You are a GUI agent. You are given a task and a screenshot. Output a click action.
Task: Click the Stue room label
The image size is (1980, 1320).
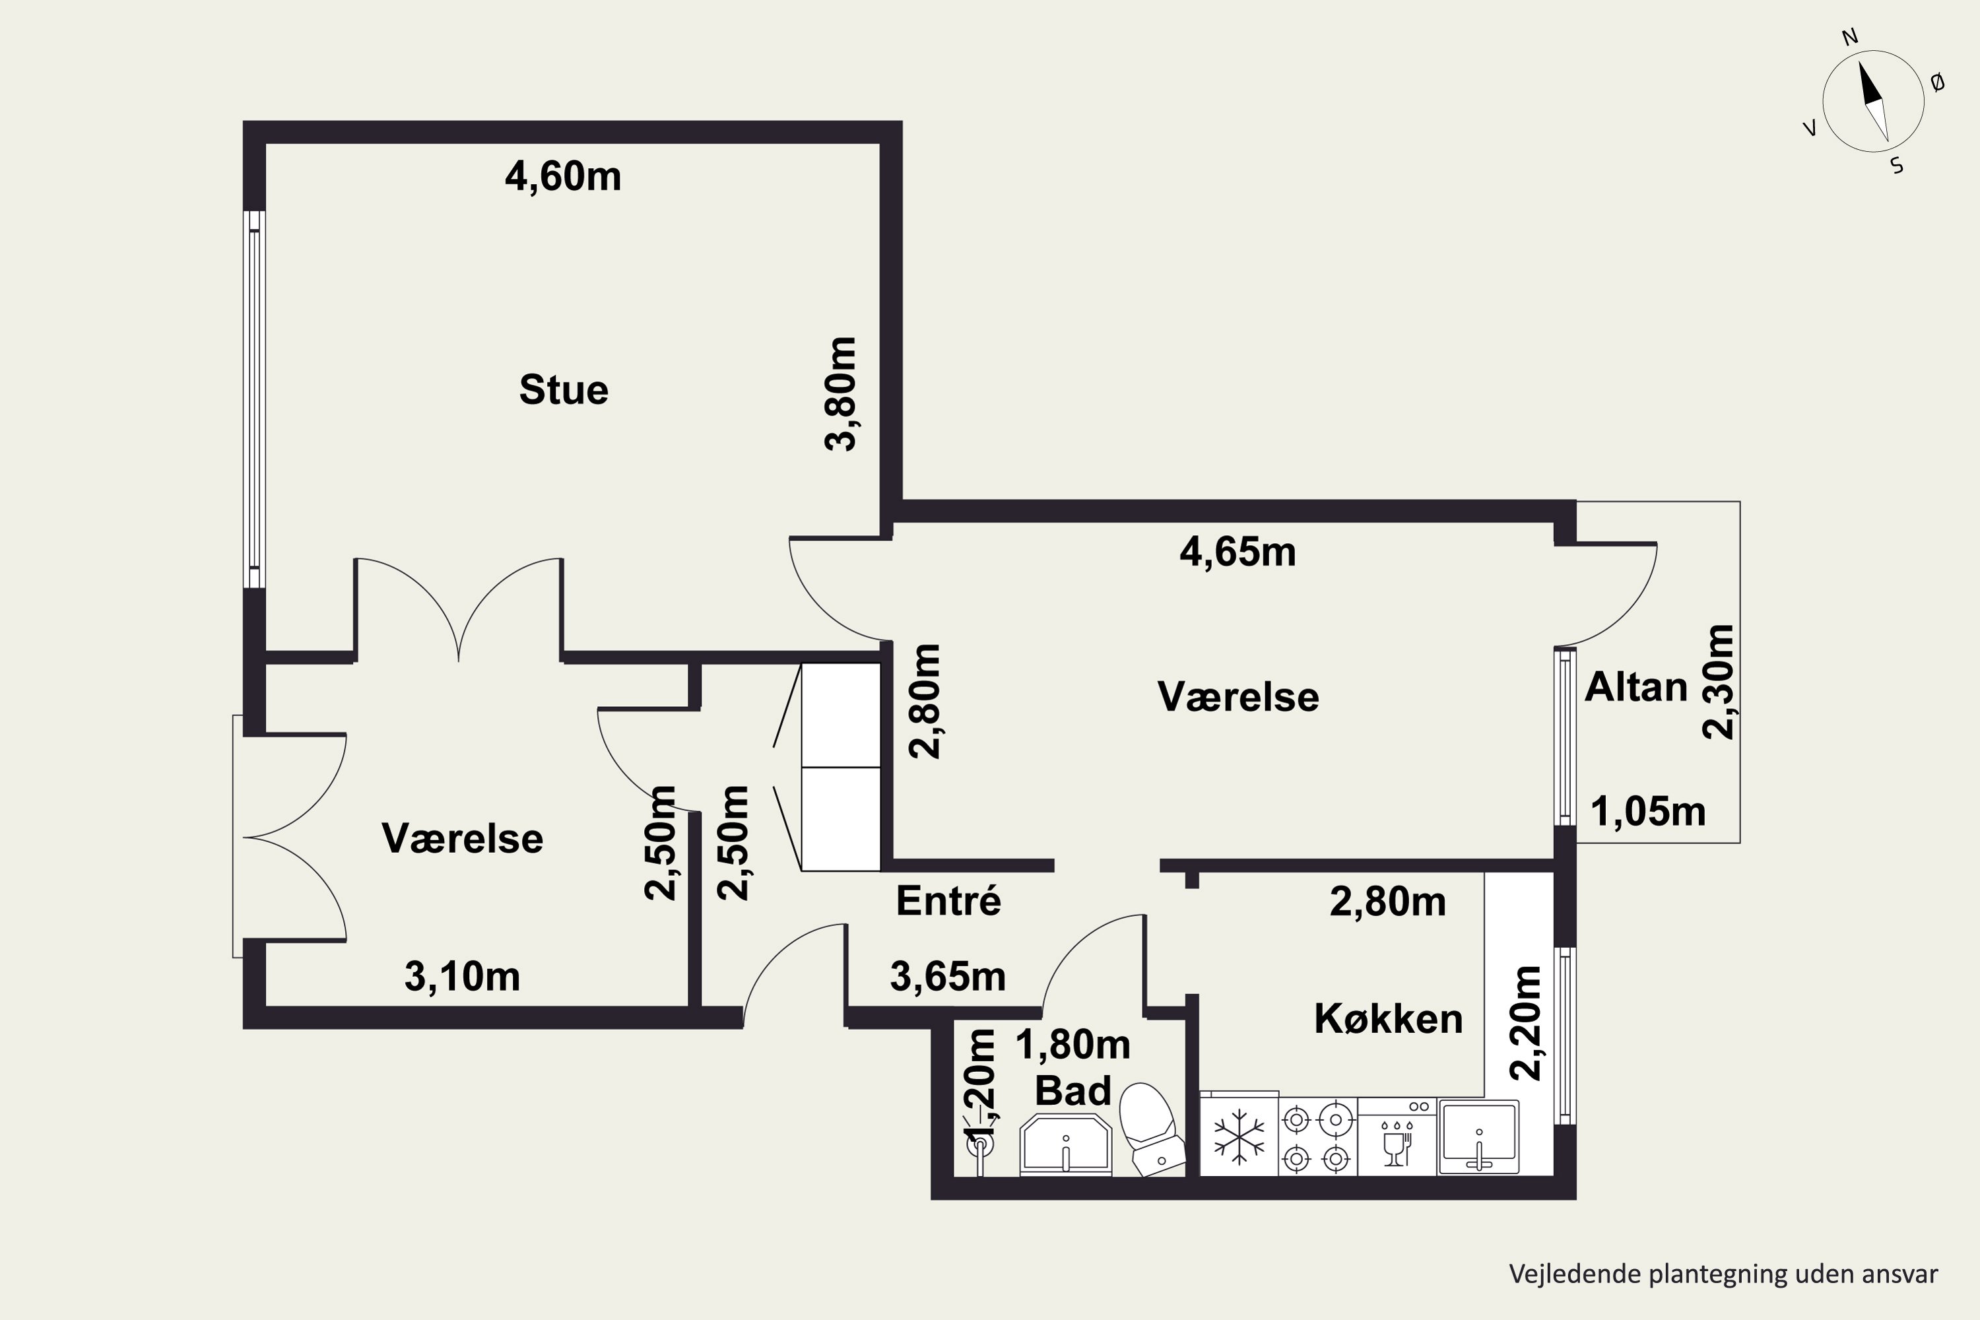pos(563,390)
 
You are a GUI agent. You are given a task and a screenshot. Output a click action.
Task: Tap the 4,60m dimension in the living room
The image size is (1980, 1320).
pos(563,177)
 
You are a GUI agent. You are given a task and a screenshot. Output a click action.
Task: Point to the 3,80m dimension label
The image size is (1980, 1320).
pos(840,394)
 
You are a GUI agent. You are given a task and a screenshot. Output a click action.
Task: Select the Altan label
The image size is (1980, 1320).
pos(1635,688)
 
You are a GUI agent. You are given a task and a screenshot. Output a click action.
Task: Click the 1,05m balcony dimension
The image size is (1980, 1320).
pos(1648,812)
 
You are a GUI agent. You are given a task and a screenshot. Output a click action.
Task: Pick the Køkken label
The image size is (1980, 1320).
pos(1388,1018)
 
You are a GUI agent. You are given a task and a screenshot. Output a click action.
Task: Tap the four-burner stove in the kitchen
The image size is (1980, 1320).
pos(1317,1137)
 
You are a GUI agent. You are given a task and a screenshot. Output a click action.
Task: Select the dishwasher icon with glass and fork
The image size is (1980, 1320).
pos(1397,1137)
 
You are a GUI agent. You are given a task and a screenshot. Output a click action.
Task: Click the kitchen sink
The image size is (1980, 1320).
pos(1479,1137)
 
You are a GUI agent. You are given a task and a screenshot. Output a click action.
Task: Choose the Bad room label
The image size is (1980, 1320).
pos(1072,1091)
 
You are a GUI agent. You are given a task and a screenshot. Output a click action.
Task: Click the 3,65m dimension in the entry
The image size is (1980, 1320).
pos(948,977)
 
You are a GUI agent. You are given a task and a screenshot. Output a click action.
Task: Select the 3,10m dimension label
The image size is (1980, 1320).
pos(462,977)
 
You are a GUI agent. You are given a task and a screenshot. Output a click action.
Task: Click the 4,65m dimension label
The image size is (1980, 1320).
pos(1237,552)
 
